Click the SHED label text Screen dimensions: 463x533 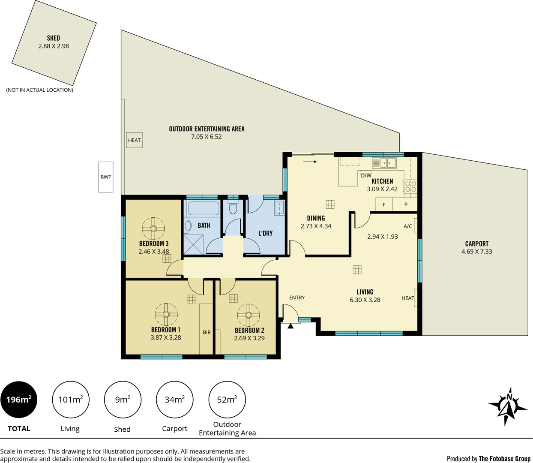tap(53, 38)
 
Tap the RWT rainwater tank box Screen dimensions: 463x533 tap(106, 177)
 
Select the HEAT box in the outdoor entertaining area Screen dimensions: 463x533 tap(134, 140)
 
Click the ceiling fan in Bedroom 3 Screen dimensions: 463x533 tap(153, 228)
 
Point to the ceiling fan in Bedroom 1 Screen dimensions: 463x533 tap(166, 315)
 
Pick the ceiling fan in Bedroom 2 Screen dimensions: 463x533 tap(248, 316)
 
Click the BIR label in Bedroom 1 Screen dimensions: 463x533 tap(207, 333)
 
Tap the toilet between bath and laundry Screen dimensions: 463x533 tap(233, 208)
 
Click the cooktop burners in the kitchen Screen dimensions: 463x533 tap(410, 186)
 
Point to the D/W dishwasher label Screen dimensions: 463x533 tap(366, 175)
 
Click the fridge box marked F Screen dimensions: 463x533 tap(384, 205)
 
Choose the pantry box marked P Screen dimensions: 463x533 tap(406, 205)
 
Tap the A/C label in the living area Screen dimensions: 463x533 tap(407, 226)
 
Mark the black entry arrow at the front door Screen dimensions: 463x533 tap(290, 326)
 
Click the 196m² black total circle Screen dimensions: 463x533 tap(19, 400)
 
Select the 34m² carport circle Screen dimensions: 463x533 tap(174, 400)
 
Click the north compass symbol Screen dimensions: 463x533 tap(508, 406)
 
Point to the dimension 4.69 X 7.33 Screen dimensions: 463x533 tap(476, 252)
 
